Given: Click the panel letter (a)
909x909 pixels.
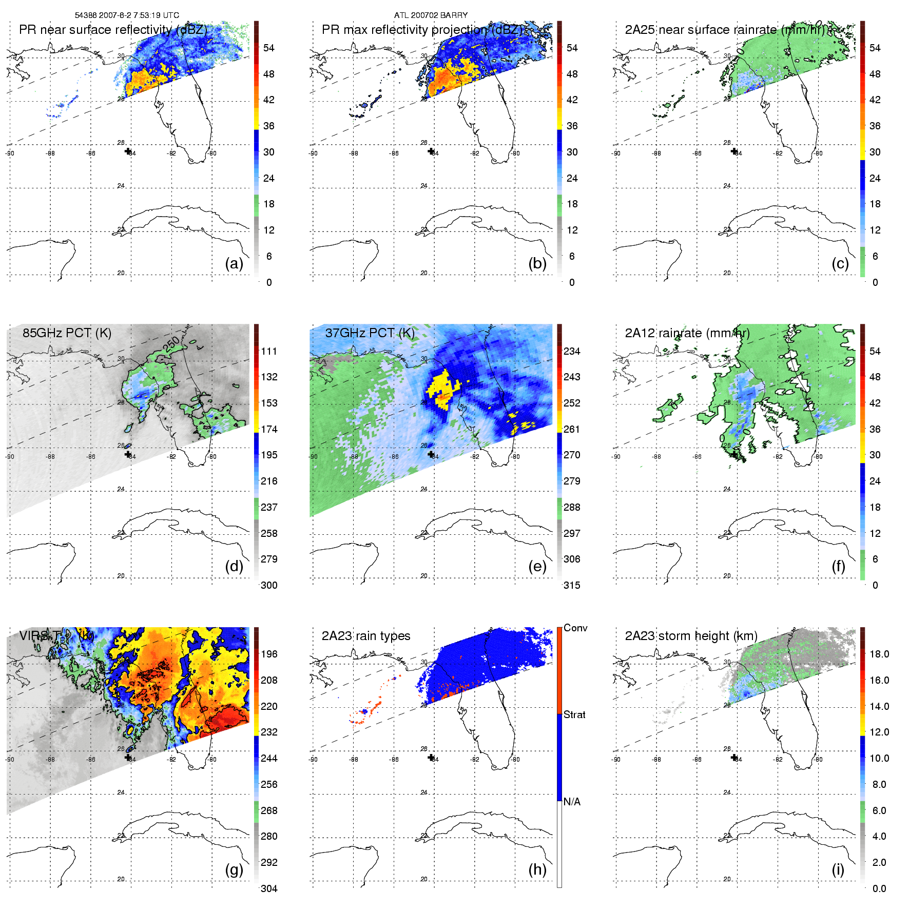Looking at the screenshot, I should (x=234, y=263).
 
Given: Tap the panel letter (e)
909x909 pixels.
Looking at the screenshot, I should (x=537, y=566).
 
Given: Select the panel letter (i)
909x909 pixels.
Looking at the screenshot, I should (x=838, y=869).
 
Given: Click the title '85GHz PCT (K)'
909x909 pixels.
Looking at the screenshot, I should (x=67, y=333).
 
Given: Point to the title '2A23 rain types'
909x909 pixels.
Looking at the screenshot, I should (x=365, y=636).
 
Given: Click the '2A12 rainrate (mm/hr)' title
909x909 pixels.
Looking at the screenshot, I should (x=687, y=333).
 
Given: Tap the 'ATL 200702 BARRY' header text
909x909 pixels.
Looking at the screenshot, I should (x=431, y=15).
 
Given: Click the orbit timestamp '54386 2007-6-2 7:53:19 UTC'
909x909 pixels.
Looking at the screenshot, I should (x=127, y=15).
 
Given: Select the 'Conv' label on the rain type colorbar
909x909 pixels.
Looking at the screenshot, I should (x=575, y=628).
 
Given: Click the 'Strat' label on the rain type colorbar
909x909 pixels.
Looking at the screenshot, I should (x=574, y=714).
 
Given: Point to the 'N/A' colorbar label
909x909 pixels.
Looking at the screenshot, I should (x=572, y=802).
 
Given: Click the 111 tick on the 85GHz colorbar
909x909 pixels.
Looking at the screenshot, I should (x=269, y=351).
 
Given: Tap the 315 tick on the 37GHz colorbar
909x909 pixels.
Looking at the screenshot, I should (x=572, y=585).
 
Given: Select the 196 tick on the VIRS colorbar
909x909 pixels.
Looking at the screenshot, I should (x=269, y=654).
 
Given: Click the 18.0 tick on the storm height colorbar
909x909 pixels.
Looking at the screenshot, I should (x=879, y=654).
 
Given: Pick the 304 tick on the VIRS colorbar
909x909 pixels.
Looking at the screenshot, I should (x=269, y=888).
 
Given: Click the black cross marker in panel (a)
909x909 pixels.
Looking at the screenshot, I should (x=128, y=151).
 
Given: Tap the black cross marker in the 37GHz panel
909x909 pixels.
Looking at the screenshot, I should (x=431, y=454).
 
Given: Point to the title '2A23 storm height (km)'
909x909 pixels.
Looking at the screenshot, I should (x=691, y=636).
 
